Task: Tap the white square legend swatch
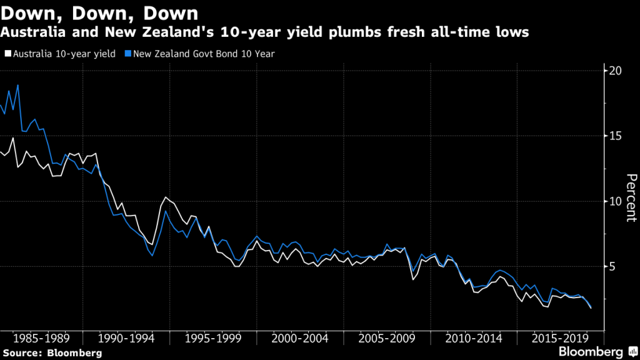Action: pos(6,54)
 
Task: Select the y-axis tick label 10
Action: pos(616,201)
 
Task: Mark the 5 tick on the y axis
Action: pos(612,267)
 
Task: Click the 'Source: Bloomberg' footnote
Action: pos(51,353)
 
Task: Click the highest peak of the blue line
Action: pos(17,85)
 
